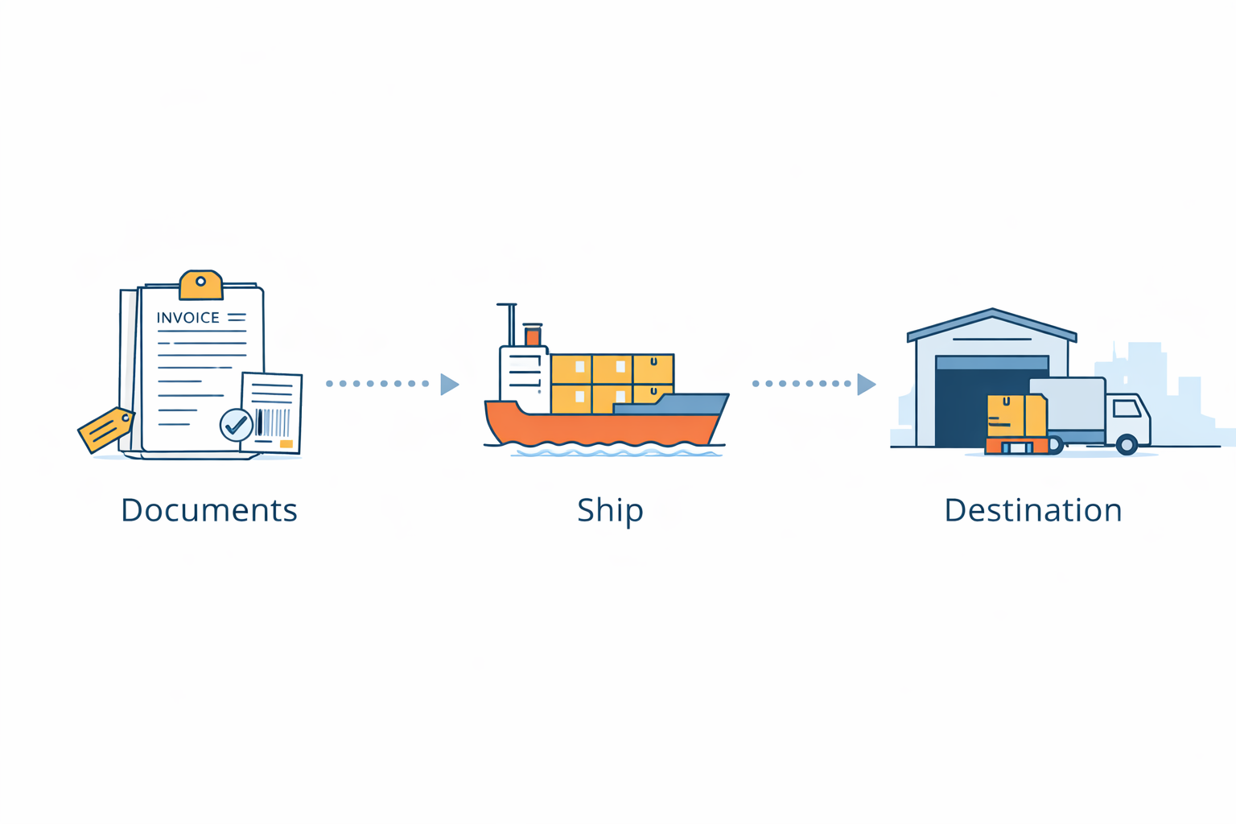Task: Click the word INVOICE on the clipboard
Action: point(187,318)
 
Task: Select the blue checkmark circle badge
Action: point(236,425)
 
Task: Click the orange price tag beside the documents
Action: point(105,430)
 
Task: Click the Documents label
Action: point(209,510)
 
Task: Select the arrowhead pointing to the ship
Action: point(450,384)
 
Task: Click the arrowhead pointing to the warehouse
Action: point(866,384)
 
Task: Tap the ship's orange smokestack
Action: point(533,336)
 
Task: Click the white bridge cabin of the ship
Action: point(523,374)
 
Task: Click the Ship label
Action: point(610,510)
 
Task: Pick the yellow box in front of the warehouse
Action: point(1016,415)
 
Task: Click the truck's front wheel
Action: point(1127,443)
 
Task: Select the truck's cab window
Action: point(1126,409)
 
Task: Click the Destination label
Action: point(1032,510)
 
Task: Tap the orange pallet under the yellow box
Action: point(1016,446)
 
